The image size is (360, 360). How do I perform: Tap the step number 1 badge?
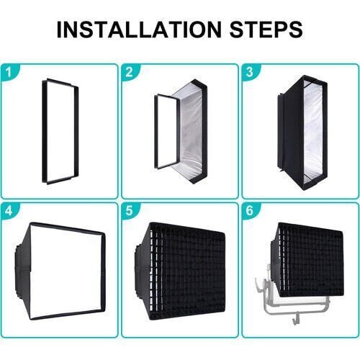[x=9, y=72]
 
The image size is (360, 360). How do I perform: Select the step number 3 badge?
[x=250, y=72]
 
